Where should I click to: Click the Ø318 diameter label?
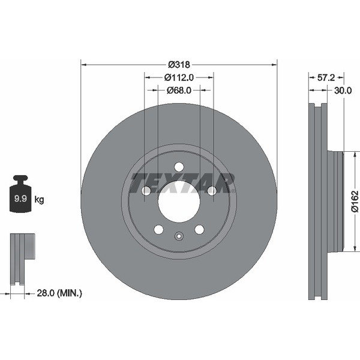[x=178, y=64]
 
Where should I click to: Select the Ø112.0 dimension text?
[x=179, y=77]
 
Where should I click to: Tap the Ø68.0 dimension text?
[x=178, y=90]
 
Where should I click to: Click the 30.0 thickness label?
[x=342, y=91]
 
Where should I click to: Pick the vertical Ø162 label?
[x=353, y=202]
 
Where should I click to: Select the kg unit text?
[x=40, y=199]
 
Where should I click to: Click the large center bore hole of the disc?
[x=179, y=200]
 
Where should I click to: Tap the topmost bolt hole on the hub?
[x=179, y=167]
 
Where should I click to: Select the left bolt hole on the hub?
[x=146, y=191]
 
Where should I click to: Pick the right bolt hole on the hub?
[x=211, y=191]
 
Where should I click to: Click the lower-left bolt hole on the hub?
[x=158, y=229]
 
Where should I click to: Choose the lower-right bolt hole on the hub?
[x=199, y=229]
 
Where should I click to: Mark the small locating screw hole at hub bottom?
[x=179, y=236]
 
